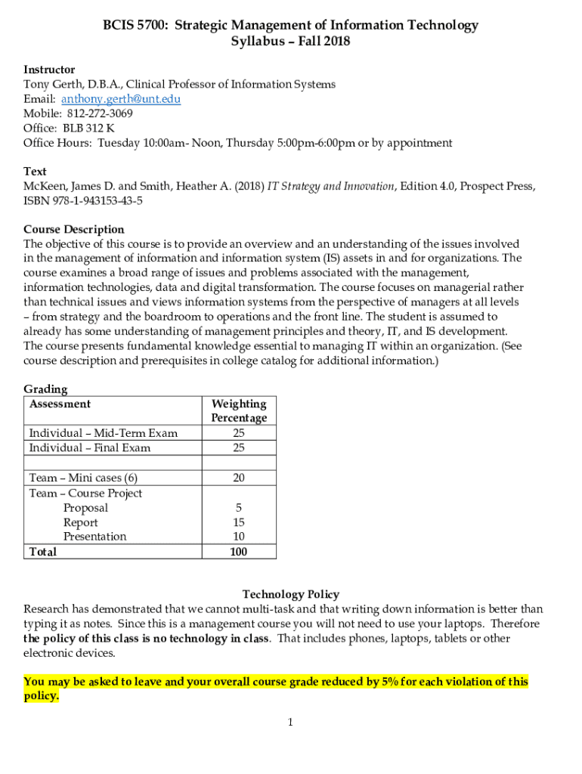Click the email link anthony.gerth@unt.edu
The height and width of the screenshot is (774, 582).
point(121,99)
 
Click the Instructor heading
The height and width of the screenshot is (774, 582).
point(49,70)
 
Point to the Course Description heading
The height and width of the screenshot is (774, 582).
point(74,229)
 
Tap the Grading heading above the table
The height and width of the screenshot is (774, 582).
point(45,389)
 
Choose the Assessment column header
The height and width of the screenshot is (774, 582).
point(60,404)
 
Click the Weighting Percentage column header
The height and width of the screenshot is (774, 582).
point(239,410)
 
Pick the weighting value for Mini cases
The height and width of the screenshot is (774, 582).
point(239,478)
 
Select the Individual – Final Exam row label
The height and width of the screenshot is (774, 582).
point(89,447)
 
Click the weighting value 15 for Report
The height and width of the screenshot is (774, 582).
point(239,522)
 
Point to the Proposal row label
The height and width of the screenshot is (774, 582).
point(85,508)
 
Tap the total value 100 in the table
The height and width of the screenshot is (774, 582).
point(239,551)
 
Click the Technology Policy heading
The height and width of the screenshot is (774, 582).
point(291,594)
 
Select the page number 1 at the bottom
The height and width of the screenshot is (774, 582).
point(289,723)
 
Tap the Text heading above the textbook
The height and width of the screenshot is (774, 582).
point(35,172)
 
